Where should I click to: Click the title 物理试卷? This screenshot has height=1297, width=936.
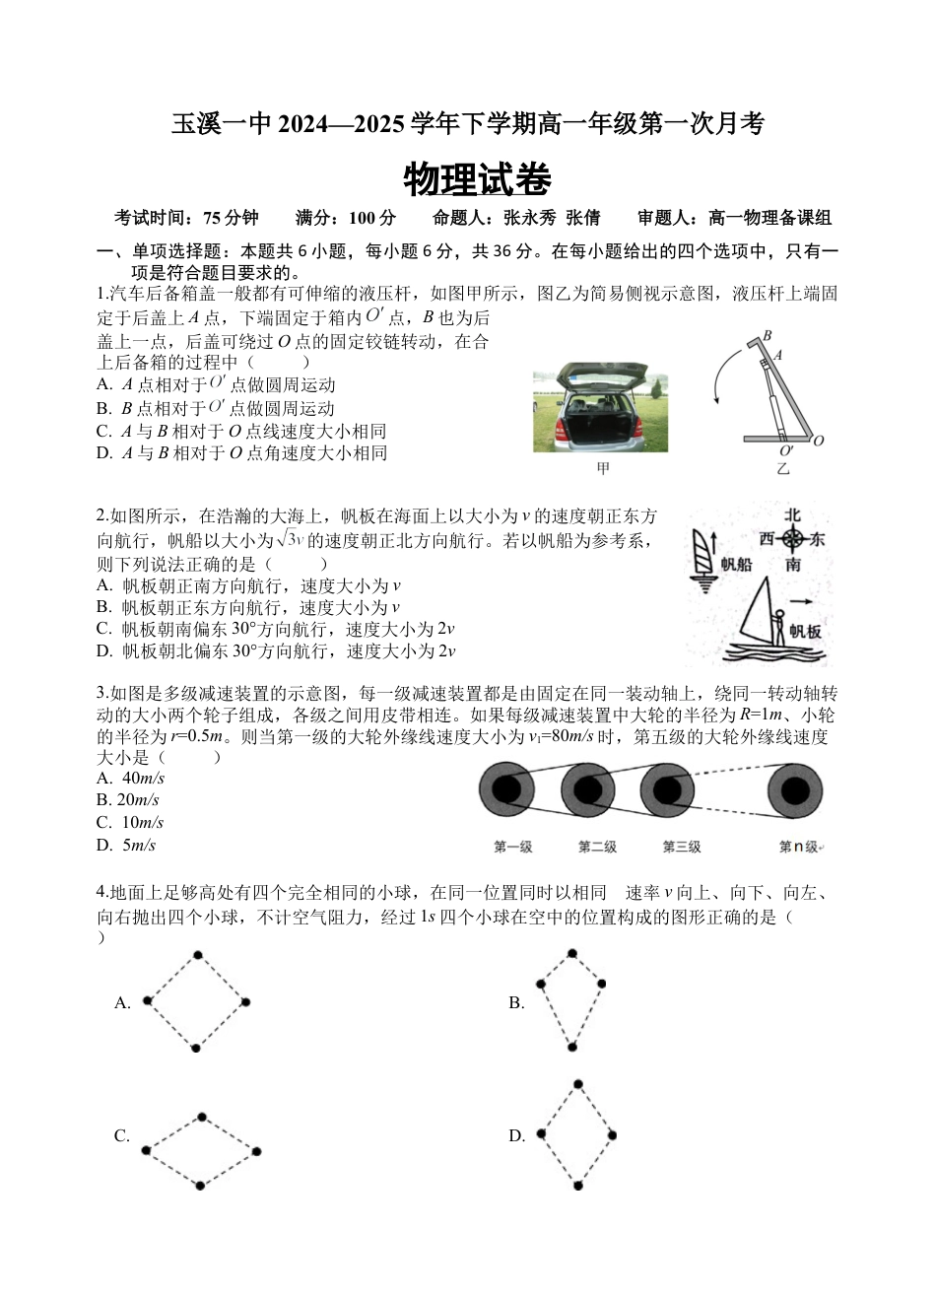pyautogui.click(x=477, y=180)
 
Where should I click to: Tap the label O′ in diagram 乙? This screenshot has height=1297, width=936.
pyautogui.click(x=786, y=450)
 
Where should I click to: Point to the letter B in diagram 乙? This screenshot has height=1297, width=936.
pyautogui.click(x=767, y=335)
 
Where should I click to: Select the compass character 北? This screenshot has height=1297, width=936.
pyautogui.click(x=792, y=515)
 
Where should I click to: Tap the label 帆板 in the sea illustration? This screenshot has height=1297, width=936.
pyautogui.click(x=804, y=632)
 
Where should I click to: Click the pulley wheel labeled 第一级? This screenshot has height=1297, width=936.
pyautogui.click(x=506, y=790)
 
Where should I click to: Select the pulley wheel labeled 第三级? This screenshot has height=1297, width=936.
pyautogui.click(x=668, y=790)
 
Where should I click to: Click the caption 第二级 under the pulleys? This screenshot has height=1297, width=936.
pyautogui.click(x=597, y=847)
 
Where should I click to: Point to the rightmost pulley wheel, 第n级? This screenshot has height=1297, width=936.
pyautogui.click(x=797, y=790)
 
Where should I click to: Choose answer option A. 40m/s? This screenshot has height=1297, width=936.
pyautogui.click(x=130, y=779)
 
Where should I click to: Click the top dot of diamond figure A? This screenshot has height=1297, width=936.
pyautogui.click(x=198, y=955)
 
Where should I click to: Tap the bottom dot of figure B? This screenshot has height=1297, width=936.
pyautogui.click(x=572, y=1046)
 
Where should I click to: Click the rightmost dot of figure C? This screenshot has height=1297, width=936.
pyautogui.click(x=256, y=1151)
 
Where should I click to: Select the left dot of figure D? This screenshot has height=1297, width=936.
pyautogui.click(x=541, y=1134)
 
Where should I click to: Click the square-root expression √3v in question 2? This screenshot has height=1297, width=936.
pyautogui.click(x=290, y=539)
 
